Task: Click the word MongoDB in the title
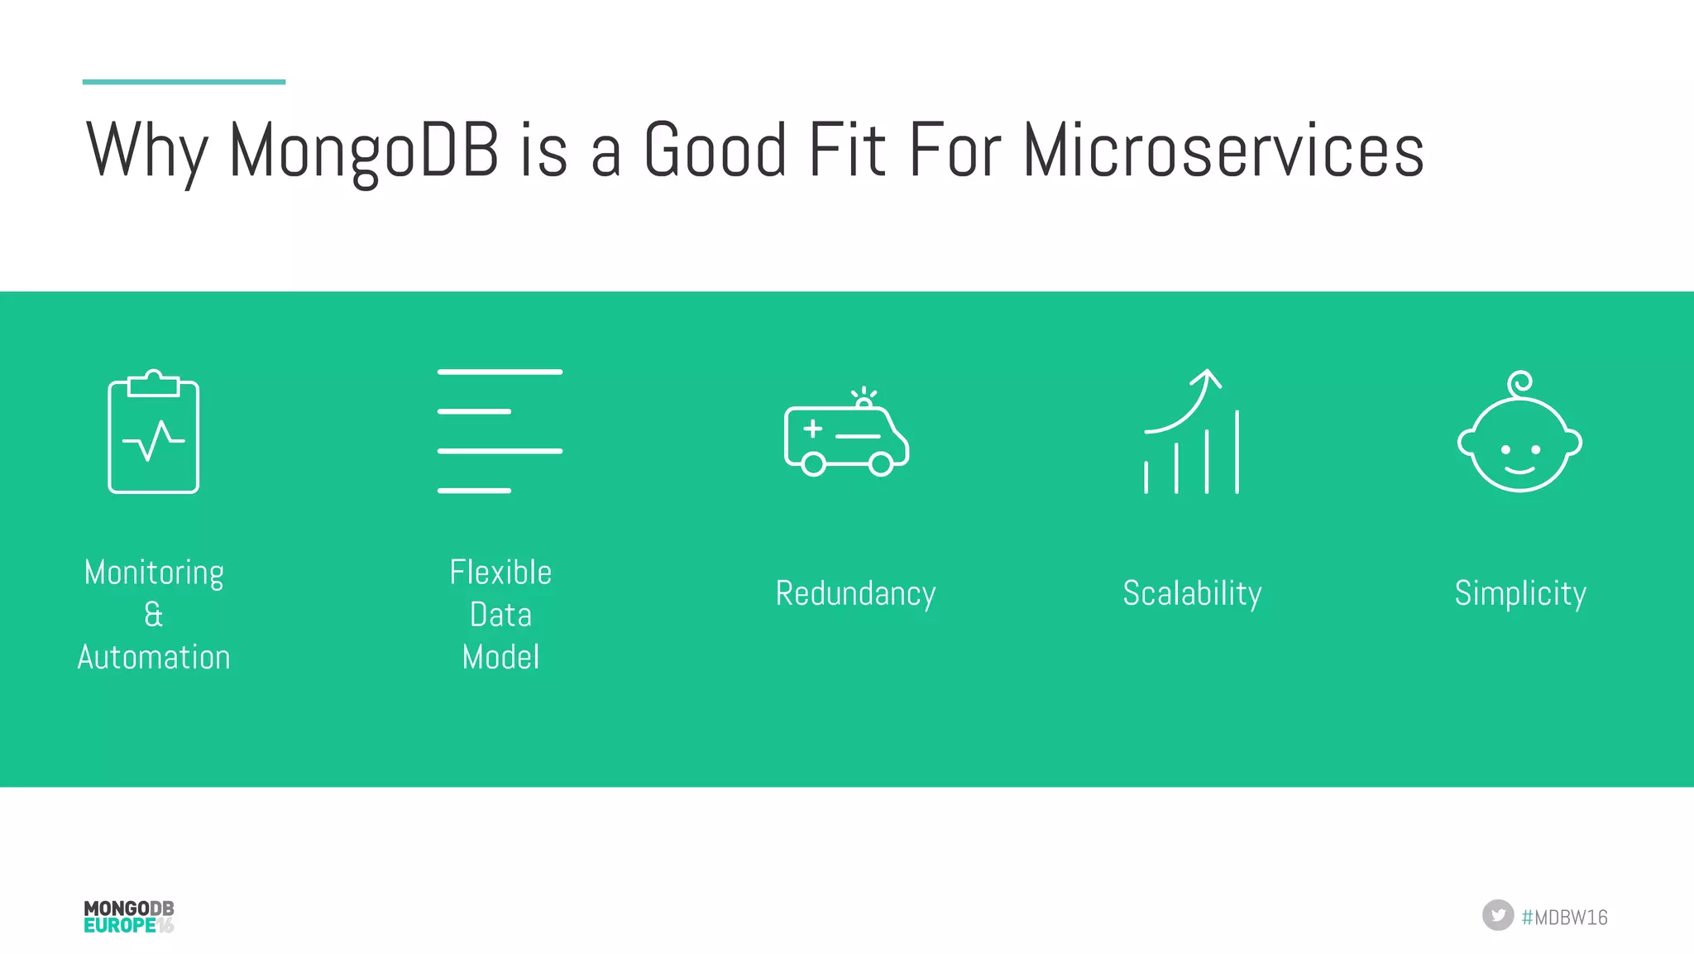click(x=363, y=151)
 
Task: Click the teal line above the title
click(x=184, y=82)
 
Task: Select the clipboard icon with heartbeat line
click(x=154, y=433)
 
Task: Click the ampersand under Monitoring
click(x=154, y=615)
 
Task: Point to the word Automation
click(x=154, y=657)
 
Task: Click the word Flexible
click(x=500, y=573)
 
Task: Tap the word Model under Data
click(x=500, y=657)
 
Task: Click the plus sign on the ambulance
click(x=813, y=428)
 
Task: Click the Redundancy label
click(x=855, y=593)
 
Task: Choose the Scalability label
click(x=1192, y=593)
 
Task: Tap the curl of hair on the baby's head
click(x=1520, y=383)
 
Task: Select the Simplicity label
click(x=1520, y=593)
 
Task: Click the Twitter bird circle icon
click(x=1497, y=915)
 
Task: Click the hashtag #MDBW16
click(x=1564, y=917)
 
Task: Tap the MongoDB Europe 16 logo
click(x=129, y=917)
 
